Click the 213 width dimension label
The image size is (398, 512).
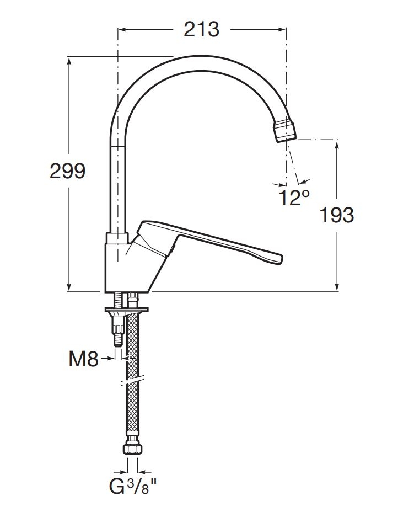click(202, 29)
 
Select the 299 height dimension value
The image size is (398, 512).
click(68, 171)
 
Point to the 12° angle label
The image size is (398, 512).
click(293, 198)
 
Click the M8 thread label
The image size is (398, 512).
click(83, 360)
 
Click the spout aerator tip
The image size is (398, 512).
click(286, 130)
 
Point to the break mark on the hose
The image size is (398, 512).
click(132, 381)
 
